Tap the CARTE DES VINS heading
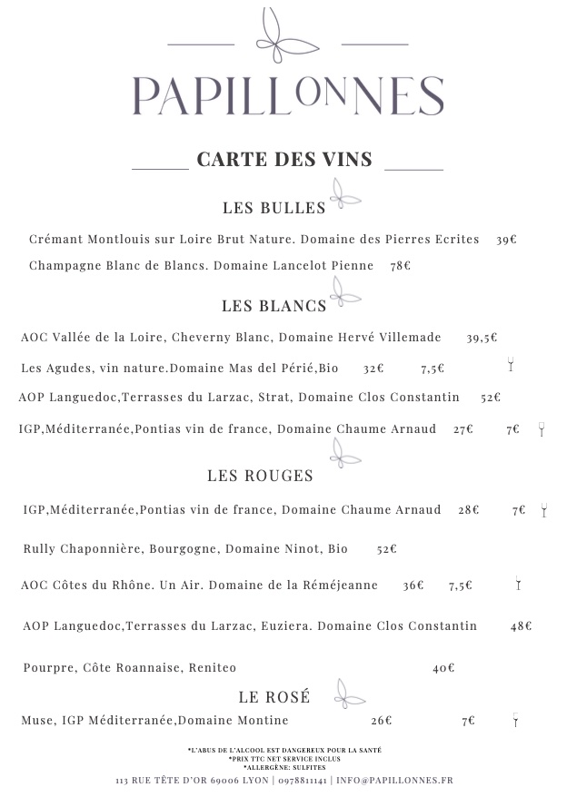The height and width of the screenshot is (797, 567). pos(284,160)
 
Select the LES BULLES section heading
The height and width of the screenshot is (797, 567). pos(274,208)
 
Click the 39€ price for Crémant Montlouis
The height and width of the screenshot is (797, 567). pos(506,240)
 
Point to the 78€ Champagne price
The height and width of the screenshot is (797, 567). pos(400,266)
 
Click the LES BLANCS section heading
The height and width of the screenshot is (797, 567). pos(274,306)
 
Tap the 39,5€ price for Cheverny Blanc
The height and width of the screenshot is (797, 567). pos(482,338)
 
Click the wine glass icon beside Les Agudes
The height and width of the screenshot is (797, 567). pos(511,366)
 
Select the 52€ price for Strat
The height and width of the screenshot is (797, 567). pos(491,398)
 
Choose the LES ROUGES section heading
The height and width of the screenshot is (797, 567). pos(260,476)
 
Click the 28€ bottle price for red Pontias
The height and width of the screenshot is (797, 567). pos(468,510)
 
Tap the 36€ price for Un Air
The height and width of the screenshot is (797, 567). pos(413,585)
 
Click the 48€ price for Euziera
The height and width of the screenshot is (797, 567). pos(521,625)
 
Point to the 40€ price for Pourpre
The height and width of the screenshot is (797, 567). pos(443,668)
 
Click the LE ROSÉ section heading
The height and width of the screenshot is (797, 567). pos(274,697)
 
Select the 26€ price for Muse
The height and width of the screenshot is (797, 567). pos(381,721)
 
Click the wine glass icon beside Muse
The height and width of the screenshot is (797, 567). pos(515,721)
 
